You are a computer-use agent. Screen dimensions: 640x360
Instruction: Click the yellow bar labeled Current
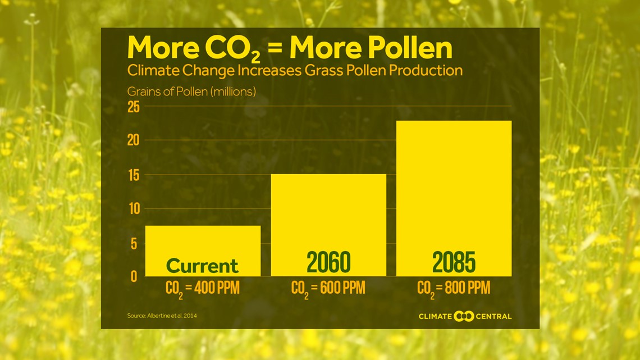click(203, 250)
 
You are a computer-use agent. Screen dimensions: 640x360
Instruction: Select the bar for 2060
click(328, 225)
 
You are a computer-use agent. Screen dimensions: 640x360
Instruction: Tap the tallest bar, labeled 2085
click(454, 198)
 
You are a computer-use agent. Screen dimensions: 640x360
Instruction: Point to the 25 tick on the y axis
click(134, 107)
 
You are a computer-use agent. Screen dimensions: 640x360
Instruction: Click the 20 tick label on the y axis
click(134, 140)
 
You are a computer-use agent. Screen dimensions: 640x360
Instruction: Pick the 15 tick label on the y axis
click(134, 175)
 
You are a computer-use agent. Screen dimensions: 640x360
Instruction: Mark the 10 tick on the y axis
click(134, 209)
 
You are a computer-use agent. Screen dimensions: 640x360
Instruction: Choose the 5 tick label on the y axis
click(134, 244)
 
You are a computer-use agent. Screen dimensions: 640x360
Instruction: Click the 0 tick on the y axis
click(134, 277)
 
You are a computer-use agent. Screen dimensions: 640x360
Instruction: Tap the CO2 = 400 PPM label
click(203, 289)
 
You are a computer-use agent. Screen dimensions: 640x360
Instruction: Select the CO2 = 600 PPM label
click(328, 289)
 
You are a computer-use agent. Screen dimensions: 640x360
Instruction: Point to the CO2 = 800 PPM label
click(454, 289)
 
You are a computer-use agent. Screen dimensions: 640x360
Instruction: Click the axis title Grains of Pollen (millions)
click(191, 92)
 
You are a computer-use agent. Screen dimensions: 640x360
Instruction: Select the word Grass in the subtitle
click(324, 71)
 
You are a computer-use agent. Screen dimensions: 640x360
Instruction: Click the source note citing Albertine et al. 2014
click(162, 316)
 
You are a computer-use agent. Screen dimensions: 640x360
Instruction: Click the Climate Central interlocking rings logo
click(464, 316)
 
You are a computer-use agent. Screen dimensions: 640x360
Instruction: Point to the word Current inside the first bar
click(202, 266)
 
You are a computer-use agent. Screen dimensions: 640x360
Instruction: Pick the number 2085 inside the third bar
click(454, 262)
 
